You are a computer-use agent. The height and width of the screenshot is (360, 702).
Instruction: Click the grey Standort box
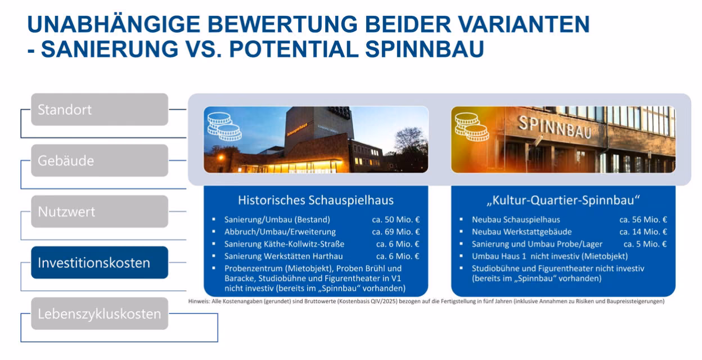[x=100, y=109]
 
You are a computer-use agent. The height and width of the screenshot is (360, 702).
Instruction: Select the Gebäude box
[x=100, y=160]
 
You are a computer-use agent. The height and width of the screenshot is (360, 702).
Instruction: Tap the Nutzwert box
[x=100, y=211]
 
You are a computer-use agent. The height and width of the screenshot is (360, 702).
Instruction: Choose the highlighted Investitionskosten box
[x=100, y=263]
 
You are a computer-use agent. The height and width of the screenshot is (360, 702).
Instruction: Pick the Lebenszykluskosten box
[x=100, y=314]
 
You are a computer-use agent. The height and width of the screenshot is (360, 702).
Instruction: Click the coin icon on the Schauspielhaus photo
[x=224, y=127]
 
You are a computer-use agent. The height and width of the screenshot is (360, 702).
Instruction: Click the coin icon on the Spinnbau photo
[x=472, y=127]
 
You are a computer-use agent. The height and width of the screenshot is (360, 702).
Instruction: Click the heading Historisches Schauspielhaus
[x=316, y=200]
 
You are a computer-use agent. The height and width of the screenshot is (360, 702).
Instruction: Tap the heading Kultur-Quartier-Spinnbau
[x=563, y=200]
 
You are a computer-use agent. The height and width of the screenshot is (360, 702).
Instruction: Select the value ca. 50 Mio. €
[x=396, y=219]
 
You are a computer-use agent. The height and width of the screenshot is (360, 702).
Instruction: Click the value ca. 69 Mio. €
[x=396, y=232]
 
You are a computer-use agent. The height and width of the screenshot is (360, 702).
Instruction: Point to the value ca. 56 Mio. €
[x=643, y=219]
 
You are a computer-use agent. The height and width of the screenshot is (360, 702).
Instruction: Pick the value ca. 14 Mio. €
[x=643, y=232]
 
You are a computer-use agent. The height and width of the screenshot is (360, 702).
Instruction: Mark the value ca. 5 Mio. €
[x=645, y=244]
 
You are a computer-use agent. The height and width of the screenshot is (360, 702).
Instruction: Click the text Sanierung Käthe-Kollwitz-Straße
[x=284, y=244]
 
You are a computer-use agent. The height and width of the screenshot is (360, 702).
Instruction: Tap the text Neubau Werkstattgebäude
[x=522, y=232]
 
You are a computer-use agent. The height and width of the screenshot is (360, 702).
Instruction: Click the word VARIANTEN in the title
[x=523, y=24]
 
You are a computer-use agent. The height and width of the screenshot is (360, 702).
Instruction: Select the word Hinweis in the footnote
[x=199, y=301]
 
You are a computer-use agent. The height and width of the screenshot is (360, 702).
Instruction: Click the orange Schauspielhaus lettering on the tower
[x=297, y=129]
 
